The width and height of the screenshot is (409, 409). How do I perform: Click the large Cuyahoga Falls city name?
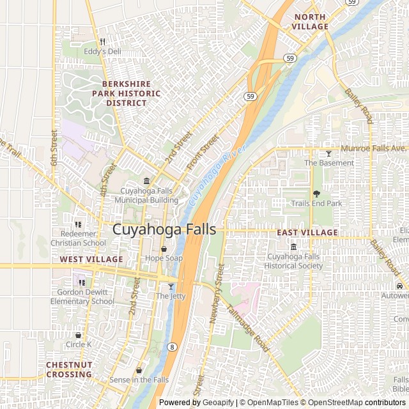tap(164, 229)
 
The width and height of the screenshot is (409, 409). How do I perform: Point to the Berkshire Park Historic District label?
tap(131, 93)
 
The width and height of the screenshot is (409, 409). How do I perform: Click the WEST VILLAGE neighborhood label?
tap(91, 259)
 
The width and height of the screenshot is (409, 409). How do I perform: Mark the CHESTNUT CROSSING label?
tap(68, 369)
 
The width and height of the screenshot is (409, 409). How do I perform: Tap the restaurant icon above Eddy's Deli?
tap(102, 42)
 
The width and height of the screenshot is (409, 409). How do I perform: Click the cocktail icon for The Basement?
tap(329, 153)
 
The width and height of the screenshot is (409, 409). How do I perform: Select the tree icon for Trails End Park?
tap(316, 194)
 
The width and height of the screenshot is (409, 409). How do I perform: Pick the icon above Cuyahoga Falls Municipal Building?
tap(146, 181)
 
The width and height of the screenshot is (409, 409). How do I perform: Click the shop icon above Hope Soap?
tap(164, 249)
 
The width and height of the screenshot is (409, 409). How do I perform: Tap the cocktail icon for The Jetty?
tap(171, 286)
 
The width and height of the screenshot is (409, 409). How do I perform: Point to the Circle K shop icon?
tap(79, 335)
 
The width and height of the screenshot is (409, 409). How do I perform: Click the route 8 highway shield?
tap(173, 346)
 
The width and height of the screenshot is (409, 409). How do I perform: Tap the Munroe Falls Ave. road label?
tap(374, 148)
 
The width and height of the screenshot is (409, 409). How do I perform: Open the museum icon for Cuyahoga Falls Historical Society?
tap(294, 247)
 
